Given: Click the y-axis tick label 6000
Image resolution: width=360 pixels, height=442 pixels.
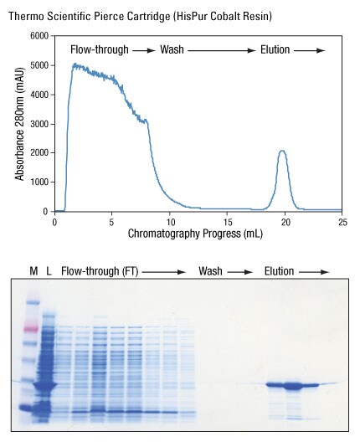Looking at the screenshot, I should click(38, 36).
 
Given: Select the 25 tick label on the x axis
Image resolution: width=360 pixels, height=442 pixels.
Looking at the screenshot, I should click(342, 222).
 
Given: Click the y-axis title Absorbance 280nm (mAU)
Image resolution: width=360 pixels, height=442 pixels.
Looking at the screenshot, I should click(18, 124).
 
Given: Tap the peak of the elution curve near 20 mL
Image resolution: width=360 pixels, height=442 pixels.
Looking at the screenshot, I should click(283, 152).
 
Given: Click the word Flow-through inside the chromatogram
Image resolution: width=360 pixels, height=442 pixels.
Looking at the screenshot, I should click(99, 50).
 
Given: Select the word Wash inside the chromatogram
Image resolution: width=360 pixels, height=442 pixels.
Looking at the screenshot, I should click(171, 50).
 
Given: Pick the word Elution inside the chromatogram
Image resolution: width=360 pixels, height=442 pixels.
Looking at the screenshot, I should click(275, 50).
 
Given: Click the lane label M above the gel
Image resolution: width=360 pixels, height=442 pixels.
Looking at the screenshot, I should click(33, 270).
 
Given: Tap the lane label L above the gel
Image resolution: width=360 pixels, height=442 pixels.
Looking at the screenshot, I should click(49, 270).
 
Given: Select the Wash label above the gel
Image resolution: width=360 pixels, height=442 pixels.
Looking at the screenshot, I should click(212, 270).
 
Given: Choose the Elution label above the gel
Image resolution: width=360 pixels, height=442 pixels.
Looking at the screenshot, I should click(280, 270).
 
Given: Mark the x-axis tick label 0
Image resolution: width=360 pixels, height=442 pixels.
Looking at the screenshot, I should click(54, 222).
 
